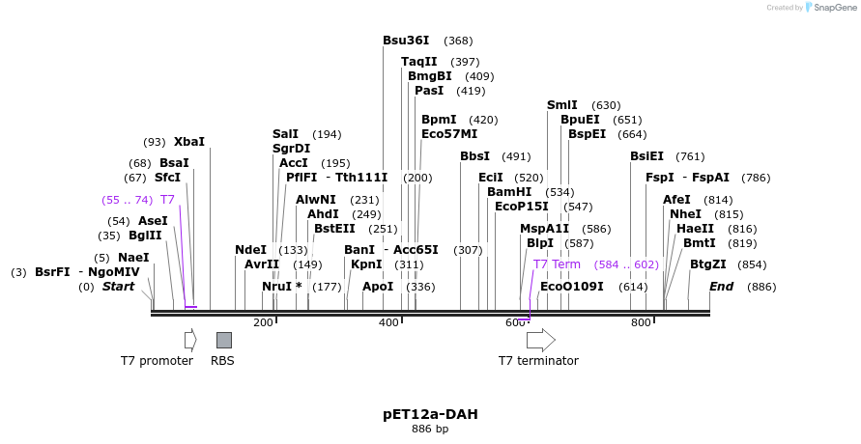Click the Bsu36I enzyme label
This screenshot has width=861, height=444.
tap(406, 41)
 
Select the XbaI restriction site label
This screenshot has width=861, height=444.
tap(189, 142)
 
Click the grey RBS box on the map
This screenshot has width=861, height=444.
tap(223, 340)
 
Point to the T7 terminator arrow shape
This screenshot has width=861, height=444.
tap(540, 340)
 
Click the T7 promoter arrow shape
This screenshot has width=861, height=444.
tap(190, 340)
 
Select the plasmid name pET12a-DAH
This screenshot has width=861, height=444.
tap(430, 414)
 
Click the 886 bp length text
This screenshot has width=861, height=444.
tap(430, 430)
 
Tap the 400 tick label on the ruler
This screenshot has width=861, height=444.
tap(388, 322)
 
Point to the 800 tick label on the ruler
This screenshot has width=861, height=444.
tap(641, 322)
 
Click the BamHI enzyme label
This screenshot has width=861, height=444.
tap(509, 192)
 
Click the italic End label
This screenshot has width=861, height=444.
tap(722, 287)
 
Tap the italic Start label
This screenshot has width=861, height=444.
tap(119, 287)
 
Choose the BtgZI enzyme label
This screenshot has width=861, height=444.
tap(708, 264)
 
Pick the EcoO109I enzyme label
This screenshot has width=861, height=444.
tap(572, 287)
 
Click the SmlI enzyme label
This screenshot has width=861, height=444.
tap(562, 105)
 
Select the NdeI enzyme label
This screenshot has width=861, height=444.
tap(250, 250)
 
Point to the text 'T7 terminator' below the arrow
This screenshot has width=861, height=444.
tap(538, 361)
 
